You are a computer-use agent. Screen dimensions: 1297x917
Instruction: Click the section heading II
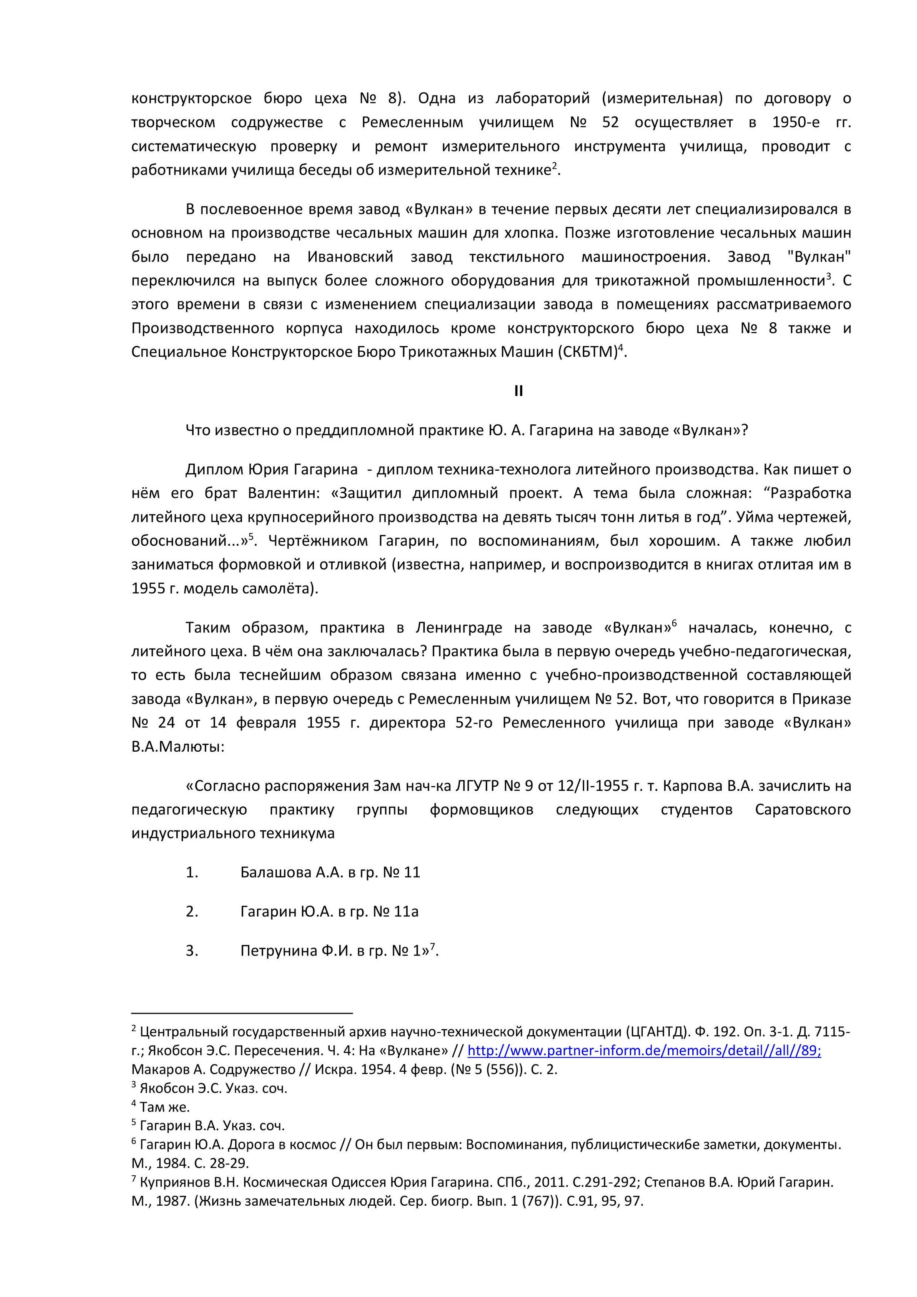[x=519, y=391]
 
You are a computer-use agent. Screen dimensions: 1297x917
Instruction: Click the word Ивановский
[x=350, y=257]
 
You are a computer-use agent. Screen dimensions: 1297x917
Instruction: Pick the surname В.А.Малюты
[x=178, y=747]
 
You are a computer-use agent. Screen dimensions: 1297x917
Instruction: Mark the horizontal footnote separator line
[x=242, y=1014]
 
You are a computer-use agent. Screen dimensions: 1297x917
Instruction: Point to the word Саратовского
[x=802, y=810]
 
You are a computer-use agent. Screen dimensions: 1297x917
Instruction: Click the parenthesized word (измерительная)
[x=662, y=99]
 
